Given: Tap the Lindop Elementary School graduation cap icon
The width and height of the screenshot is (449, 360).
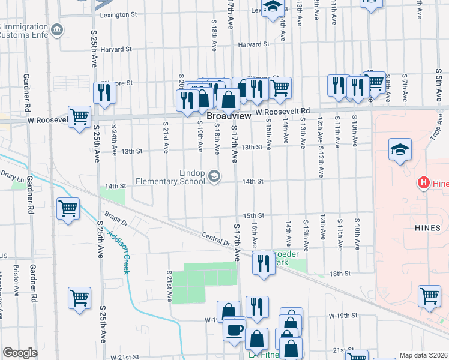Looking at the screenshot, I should coord(214,176).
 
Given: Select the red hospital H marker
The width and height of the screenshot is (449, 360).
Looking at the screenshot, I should coord(424,182).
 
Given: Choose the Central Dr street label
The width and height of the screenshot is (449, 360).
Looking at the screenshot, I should coord(216,239).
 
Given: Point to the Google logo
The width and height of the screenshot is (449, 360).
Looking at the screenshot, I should coord(20,353).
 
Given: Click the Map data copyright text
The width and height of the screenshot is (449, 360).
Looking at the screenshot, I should coord(424,355).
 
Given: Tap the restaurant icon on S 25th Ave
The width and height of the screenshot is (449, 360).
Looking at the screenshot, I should coord(105,93).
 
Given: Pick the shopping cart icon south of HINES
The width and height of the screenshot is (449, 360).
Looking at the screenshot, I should coord(430,296).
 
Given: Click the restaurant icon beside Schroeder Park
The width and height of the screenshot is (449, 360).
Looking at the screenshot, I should coord(263,263).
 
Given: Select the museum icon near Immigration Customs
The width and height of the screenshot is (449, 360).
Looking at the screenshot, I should coord(56,29).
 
